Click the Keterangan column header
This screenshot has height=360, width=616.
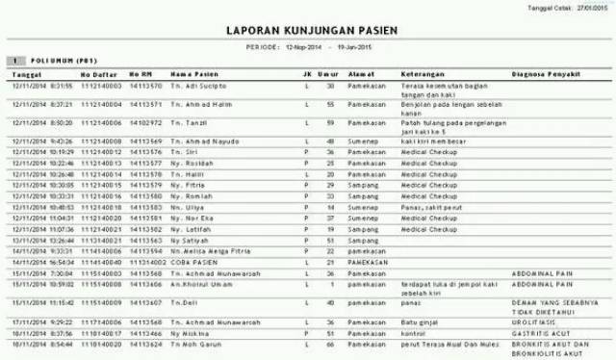tap(423, 73)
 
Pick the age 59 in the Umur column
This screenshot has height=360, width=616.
tap(330, 123)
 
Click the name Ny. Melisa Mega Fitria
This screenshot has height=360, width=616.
tap(205, 250)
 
